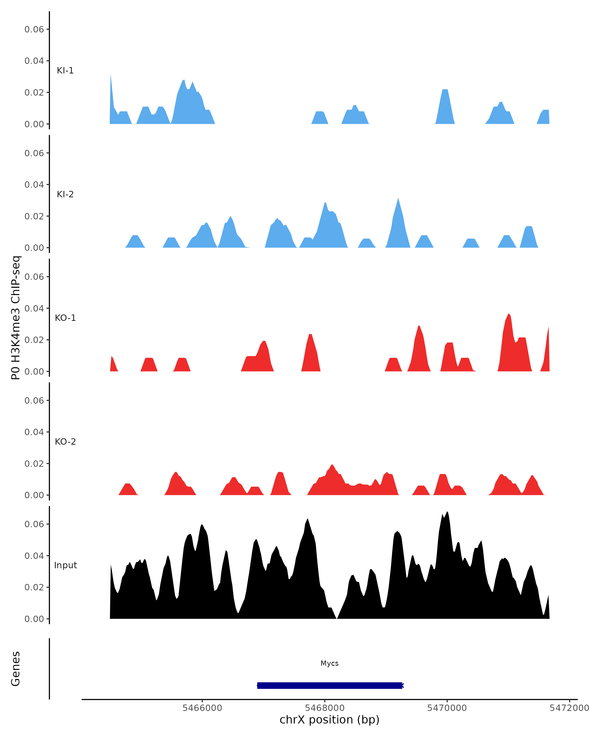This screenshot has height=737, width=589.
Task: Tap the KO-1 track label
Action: click(x=65, y=318)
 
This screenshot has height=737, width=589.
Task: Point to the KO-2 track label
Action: click(x=65, y=442)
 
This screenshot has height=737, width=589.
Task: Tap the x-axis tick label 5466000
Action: click(x=202, y=708)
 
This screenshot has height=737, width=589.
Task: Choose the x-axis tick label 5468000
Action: click(x=324, y=708)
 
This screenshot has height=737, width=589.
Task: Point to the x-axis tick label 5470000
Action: click(x=447, y=708)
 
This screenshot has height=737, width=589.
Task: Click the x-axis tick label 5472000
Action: click(x=569, y=708)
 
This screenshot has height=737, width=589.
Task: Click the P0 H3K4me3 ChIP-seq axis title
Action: click(x=15, y=318)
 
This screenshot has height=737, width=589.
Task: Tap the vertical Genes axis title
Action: click(x=15, y=669)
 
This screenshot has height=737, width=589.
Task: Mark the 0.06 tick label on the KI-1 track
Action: click(x=34, y=29)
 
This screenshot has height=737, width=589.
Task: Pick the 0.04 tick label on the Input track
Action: click(x=34, y=556)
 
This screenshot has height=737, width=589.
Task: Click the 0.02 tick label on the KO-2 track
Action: click(x=34, y=464)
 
